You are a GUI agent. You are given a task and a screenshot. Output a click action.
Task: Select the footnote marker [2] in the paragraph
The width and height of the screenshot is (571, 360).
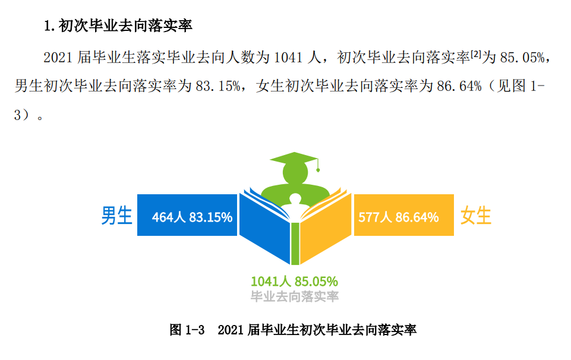coord(475,54)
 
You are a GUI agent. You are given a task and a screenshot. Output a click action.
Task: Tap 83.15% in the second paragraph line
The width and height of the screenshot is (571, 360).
coord(217,86)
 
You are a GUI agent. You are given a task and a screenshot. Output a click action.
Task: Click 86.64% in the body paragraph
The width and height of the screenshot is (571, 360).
coord(458,86)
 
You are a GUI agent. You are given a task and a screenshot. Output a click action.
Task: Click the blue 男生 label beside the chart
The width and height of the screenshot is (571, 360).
coord(116,215)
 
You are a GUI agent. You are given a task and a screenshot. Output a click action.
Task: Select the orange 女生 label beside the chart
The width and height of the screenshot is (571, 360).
coord(476,215)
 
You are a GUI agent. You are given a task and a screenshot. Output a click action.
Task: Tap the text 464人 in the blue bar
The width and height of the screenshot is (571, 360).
coord(168,217)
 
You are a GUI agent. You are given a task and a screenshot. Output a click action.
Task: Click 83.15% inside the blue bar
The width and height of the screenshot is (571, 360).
coord(210,217)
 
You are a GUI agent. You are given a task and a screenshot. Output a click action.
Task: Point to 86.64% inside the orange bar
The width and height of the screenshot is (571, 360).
coord(417,217)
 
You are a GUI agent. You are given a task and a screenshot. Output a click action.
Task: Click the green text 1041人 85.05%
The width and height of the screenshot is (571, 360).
coord(294,280)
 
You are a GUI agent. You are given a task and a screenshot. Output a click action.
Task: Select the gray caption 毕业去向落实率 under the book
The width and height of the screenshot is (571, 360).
coord(294,296)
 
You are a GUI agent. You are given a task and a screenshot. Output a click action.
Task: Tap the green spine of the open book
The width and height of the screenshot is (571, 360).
coord(294,244)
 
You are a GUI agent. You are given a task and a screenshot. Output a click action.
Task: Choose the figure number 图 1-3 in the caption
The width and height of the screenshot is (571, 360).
coord(187,330)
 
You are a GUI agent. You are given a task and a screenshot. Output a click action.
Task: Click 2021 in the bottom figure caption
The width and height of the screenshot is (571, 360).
coord(231,330)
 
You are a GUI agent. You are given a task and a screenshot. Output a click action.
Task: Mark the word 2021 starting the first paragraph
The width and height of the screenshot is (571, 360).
coord(58,58)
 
